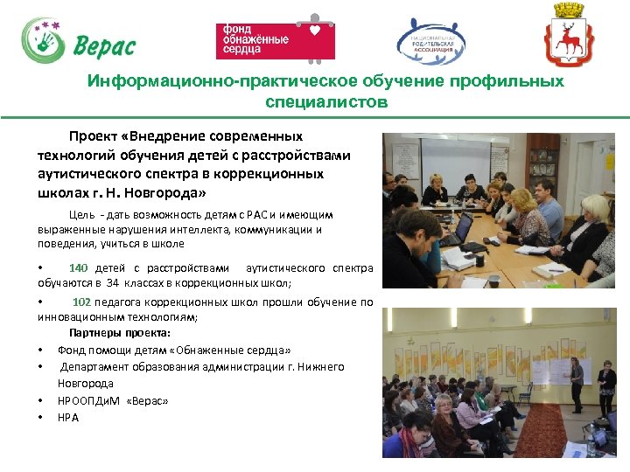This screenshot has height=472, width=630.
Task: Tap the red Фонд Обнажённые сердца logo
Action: pos(276,41)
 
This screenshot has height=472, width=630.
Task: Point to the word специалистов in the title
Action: pos(325,102)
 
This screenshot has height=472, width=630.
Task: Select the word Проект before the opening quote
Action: pos(95,136)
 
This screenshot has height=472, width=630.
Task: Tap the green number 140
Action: pos(78,268)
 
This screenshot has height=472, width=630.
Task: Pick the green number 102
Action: pos(81,302)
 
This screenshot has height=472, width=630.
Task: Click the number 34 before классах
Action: pos(112,283)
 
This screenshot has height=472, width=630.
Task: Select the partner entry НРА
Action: pos(67,417)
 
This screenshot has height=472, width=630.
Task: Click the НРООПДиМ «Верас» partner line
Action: pos(112,400)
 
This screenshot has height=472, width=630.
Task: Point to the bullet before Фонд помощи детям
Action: pos(41,351)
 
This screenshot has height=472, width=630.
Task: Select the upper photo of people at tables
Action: pos(498,210)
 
